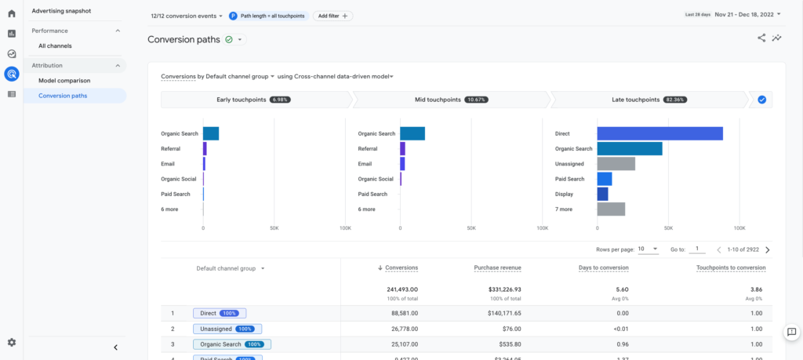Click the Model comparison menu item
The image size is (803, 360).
point(64,80)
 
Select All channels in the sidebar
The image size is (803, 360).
point(55,45)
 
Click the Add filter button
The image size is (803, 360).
point(333,16)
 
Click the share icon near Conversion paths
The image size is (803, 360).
point(761,38)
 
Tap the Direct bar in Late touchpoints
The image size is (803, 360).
point(659,133)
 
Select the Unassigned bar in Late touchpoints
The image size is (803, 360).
point(616,164)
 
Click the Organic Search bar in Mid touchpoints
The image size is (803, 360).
point(412,133)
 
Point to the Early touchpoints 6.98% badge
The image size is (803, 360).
point(280,100)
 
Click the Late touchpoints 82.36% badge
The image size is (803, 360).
point(675,100)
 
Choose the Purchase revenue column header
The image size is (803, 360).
point(497,267)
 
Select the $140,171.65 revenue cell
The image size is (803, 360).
point(498,313)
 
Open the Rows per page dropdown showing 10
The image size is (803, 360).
point(648,249)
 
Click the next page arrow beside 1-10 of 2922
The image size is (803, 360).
point(767,249)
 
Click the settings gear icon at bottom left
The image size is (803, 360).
point(12,343)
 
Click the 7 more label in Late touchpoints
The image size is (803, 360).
point(564,209)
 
